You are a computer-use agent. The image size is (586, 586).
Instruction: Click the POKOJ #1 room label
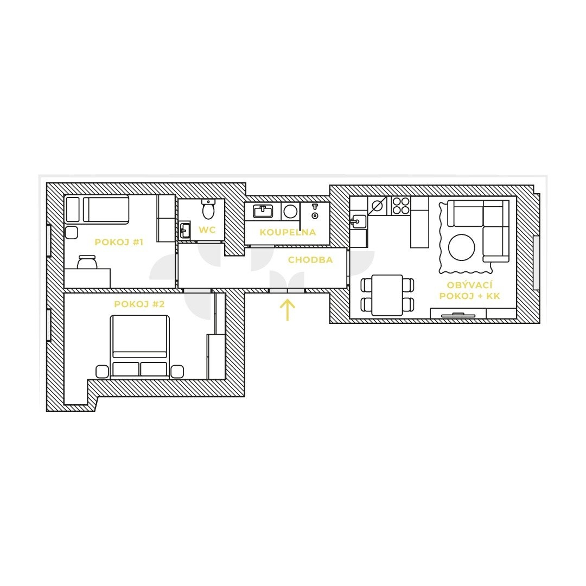119,242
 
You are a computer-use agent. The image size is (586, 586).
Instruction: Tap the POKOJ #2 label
139,304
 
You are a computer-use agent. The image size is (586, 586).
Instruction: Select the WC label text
207,230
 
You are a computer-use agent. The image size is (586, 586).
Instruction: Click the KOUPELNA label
288,232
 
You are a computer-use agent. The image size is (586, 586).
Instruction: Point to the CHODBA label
310,260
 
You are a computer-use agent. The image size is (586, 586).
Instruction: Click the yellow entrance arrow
288,310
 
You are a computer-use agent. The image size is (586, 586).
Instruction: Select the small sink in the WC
184,231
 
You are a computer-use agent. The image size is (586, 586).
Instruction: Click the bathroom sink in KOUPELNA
263,211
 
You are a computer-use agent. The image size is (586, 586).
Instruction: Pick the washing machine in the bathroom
290,212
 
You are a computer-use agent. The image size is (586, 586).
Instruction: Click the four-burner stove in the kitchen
401,206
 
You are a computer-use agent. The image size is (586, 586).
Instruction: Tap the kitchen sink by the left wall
358,221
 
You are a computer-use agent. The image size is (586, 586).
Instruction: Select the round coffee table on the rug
462,247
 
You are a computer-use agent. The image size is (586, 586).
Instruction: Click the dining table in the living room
387,295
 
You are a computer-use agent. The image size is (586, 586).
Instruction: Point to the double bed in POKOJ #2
139,346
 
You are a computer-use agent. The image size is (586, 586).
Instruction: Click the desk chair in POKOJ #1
87,262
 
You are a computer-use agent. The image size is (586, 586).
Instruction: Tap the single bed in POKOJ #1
97,209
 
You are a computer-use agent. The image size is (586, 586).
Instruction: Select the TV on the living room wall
458,315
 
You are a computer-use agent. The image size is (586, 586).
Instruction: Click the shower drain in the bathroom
315,216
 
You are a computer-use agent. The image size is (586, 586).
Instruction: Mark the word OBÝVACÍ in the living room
469,285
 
